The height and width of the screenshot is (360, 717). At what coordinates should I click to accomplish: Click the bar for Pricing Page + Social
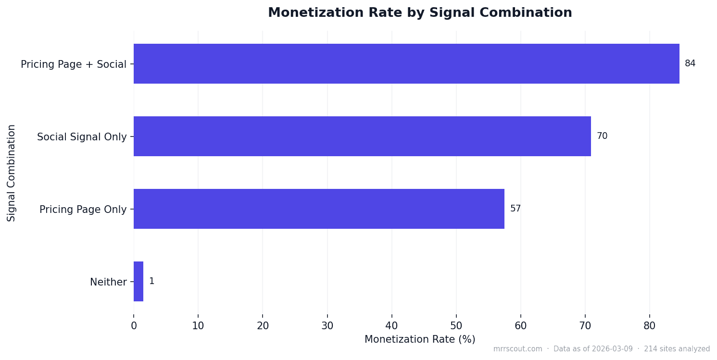tap(406, 64)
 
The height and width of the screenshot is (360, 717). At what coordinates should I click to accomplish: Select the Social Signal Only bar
tap(362, 137)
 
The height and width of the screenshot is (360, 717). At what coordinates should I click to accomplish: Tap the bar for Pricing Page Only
tap(319, 209)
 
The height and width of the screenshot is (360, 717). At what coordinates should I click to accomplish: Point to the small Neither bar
tap(138, 282)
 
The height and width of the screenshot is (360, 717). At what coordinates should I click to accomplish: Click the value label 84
tap(690, 63)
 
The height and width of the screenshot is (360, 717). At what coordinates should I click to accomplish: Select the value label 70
tap(602, 136)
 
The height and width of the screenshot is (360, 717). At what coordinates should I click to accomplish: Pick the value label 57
tap(516, 209)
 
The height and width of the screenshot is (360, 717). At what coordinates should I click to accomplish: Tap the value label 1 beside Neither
tap(151, 281)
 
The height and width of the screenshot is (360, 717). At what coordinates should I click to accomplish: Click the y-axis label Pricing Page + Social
tap(74, 64)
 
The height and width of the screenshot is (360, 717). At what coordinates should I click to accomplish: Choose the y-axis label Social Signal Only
tap(82, 137)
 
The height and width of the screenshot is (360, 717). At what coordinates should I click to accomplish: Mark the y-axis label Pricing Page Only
tap(83, 210)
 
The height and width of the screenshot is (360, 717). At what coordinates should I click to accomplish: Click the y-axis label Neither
tap(108, 282)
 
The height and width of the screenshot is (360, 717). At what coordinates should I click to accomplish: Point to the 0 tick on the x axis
tap(134, 325)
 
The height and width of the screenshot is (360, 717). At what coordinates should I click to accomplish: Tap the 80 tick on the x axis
tap(650, 325)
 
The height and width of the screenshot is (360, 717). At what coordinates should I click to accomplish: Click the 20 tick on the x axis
tap(263, 325)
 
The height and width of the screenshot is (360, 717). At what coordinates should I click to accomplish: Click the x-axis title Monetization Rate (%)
tap(420, 339)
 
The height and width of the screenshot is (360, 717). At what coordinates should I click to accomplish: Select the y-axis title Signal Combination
tap(12, 173)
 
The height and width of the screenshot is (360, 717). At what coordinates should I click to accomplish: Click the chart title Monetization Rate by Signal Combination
tap(420, 13)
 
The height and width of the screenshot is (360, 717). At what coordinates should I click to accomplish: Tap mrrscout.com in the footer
tap(517, 349)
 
